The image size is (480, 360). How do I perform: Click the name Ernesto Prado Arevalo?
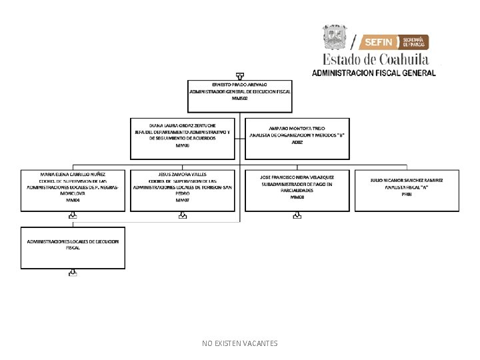click(x=239, y=85)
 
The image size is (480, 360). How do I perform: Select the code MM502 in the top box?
click(x=239, y=98)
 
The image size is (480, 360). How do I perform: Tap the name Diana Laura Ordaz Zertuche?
click(x=183, y=125)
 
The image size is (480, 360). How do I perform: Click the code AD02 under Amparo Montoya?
click(x=297, y=142)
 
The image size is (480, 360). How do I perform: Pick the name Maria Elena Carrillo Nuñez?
click(x=73, y=174)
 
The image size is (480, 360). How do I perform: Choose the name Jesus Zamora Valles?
click(x=183, y=174)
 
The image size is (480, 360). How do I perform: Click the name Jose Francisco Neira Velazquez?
click(x=297, y=177)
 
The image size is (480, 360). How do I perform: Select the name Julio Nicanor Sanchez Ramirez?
click(x=407, y=180)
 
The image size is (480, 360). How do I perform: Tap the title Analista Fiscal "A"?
click(x=407, y=187)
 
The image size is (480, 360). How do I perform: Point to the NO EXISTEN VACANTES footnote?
click(x=239, y=343)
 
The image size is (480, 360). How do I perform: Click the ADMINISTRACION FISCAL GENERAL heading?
click(x=374, y=73)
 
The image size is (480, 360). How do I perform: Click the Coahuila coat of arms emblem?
click(x=335, y=37)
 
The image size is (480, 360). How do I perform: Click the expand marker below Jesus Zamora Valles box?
click(x=183, y=215)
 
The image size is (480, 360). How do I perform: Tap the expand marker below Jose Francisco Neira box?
click(x=297, y=215)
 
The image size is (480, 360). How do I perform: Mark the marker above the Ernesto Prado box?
click(x=239, y=75)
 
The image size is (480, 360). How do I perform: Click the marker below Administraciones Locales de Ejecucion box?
click(x=73, y=273)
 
